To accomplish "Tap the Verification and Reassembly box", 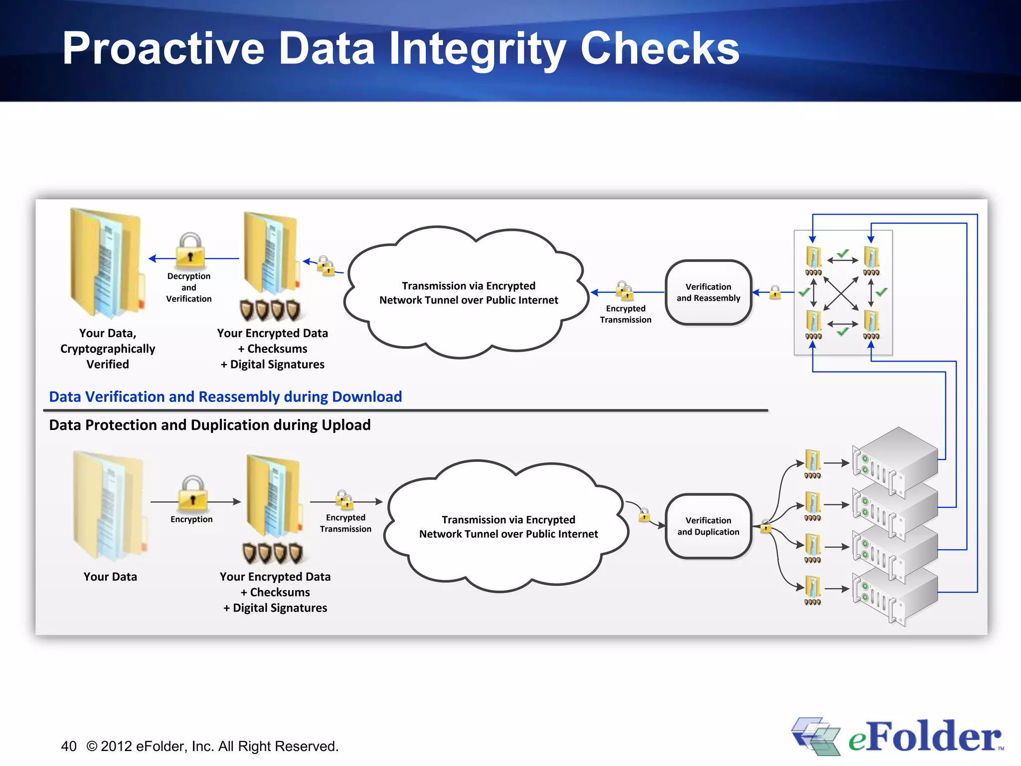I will [x=708, y=292].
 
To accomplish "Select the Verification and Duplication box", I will [x=708, y=526].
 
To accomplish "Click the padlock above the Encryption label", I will [x=192, y=493].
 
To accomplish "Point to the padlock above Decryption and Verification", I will [x=190, y=249].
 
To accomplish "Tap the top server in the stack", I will [x=895, y=459].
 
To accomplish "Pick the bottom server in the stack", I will [x=895, y=596].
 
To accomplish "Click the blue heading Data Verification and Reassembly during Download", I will [x=225, y=396].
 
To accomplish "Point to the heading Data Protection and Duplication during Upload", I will [x=209, y=425].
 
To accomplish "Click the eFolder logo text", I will [x=925, y=737].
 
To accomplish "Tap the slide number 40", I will [x=69, y=746].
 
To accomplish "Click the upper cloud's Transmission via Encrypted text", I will [x=469, y=286].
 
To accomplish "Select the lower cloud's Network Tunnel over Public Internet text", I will [x=509, y=534].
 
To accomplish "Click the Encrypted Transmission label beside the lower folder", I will [x=345, y=523].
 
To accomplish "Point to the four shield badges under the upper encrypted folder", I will [x=270, y=310].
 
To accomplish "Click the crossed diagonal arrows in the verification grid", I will [x=841, y=293].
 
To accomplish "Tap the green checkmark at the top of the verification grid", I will [x=843, y=254].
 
